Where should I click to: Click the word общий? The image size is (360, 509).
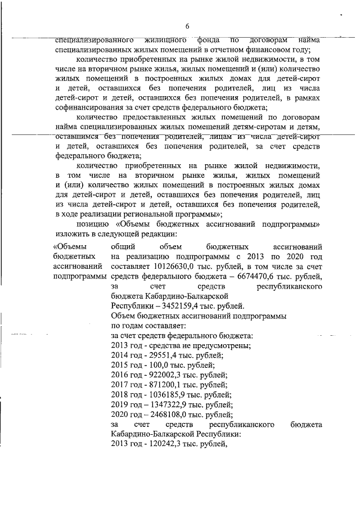pyautogui.click(x=124, y=246)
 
